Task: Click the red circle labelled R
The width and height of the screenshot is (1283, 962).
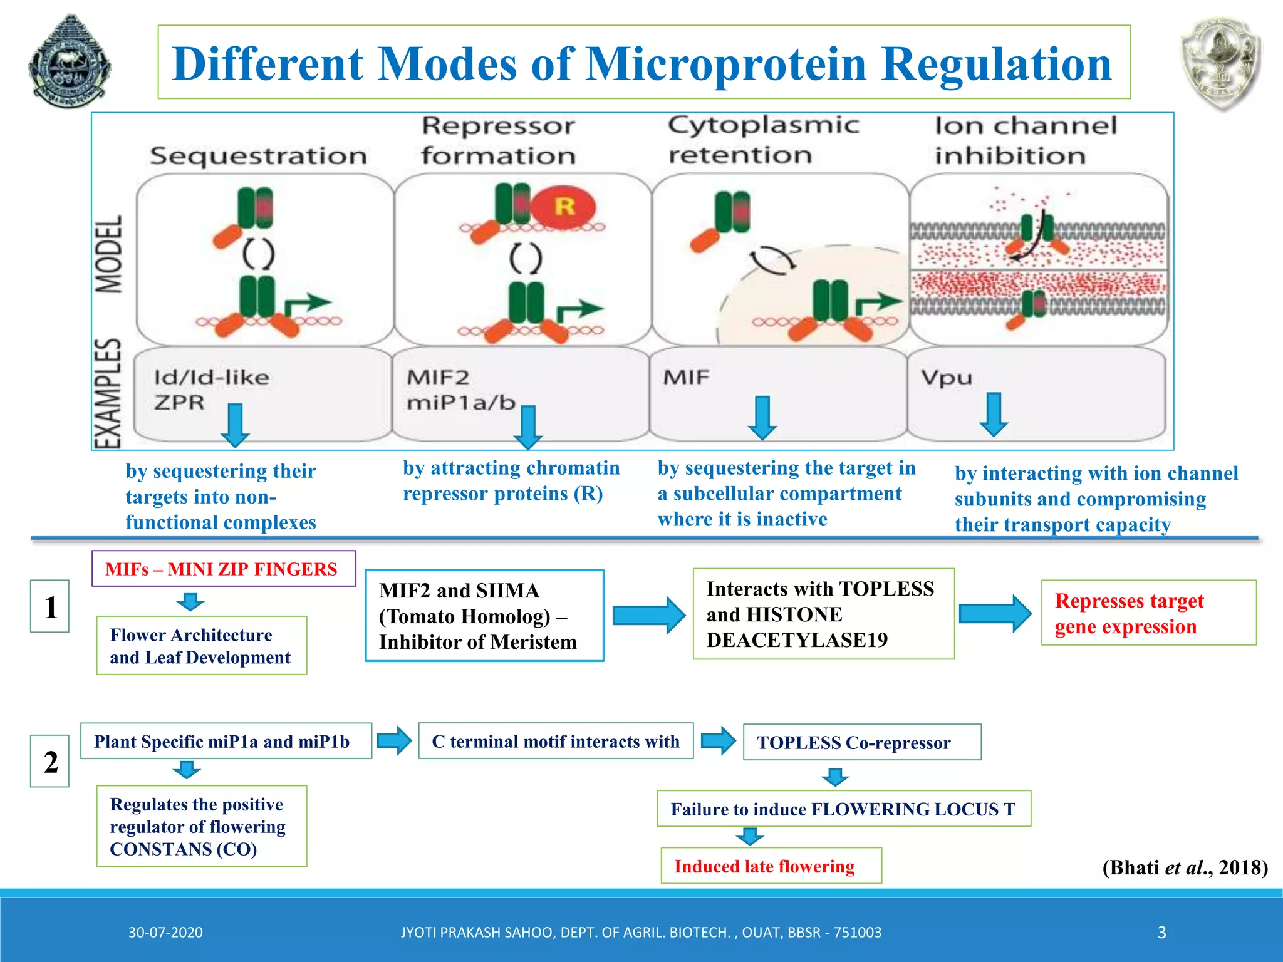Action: point(564,207)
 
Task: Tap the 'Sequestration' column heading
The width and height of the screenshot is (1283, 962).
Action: point(258,156)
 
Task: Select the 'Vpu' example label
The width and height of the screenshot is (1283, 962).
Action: point(947,378)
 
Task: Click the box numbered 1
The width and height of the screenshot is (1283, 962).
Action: point(50,606)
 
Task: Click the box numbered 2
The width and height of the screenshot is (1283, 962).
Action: point(50,761)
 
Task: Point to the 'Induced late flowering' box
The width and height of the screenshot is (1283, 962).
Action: point(771,866)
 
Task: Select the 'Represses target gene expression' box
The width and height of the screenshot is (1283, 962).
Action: point(1148,613)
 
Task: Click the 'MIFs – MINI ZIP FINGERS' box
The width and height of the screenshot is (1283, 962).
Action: point(224,569)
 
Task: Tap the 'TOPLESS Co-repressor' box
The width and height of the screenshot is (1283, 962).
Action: point(861,742)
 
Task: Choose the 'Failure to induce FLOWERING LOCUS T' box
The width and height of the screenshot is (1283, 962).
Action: point(843,809)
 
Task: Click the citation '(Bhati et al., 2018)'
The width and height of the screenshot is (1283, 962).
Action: point(1185,867)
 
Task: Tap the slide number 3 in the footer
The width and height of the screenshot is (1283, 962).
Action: point(1161,933)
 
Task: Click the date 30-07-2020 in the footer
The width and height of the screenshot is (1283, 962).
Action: point(165,933)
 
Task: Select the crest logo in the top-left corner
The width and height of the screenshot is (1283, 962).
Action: point(70,63)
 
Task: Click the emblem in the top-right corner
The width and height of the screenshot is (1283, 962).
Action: point(1220,63)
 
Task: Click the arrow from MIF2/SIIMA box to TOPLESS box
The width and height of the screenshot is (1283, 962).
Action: point(648,615)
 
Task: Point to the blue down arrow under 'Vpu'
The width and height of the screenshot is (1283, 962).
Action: point(994,414)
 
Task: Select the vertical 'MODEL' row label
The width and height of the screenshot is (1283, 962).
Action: point(109,254)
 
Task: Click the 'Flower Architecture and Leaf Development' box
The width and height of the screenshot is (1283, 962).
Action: point(201,646)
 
